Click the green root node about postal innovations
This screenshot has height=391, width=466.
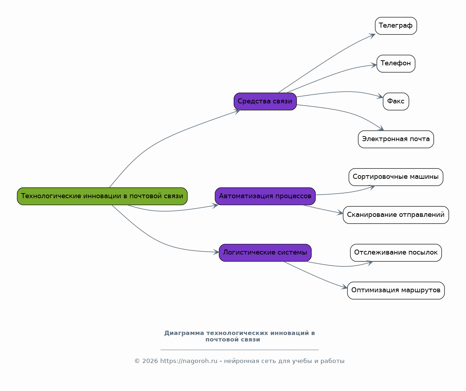102,196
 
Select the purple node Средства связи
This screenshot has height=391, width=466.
265,102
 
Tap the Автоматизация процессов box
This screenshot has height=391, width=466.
265,196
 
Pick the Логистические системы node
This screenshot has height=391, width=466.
265,253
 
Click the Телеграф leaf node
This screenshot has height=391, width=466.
396,26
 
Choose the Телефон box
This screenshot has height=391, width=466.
396,64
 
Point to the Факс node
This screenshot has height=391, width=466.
396,102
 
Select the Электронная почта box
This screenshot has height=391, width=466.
396,139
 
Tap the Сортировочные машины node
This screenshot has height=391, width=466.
396,177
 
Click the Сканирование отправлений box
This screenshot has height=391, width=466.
396,215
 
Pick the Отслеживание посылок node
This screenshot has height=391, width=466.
396,253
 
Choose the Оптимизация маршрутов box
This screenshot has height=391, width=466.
396,290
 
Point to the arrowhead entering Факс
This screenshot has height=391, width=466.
380,96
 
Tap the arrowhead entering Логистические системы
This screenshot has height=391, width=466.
216,252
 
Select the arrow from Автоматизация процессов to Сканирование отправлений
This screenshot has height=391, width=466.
323,209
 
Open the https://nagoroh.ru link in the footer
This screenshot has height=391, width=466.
189,361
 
